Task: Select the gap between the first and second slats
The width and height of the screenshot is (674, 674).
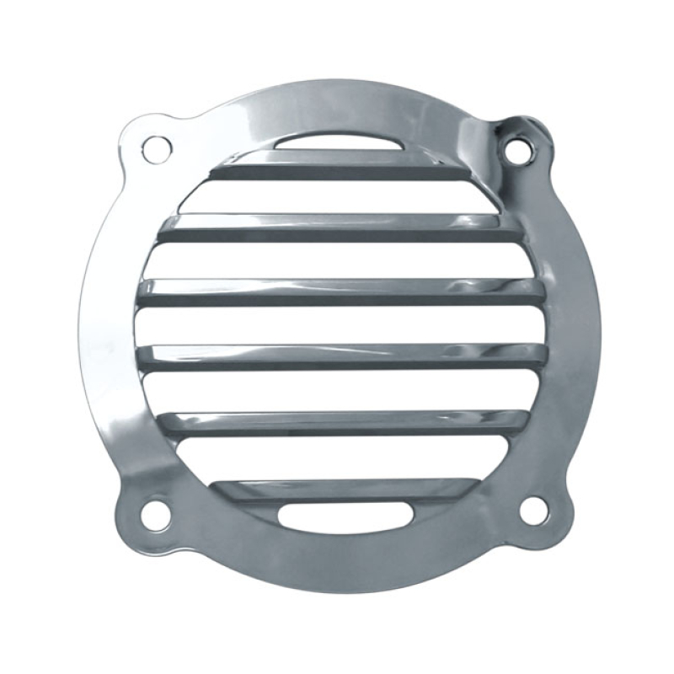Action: tap(337, 197)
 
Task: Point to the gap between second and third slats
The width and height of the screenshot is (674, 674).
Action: tap(337, 260)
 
